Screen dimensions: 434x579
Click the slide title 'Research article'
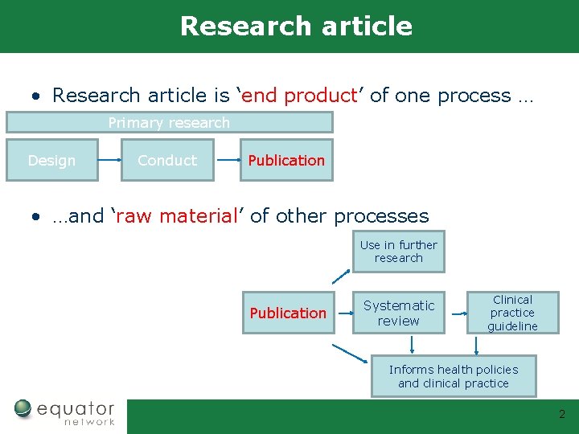coord(296,26)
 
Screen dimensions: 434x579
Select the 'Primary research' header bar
coord(169,122)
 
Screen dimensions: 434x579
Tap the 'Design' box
coord(51,160)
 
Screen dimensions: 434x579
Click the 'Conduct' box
coord(166,160)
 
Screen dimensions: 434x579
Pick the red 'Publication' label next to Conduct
coord(286,160)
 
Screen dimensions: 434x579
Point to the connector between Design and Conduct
coord(110,160)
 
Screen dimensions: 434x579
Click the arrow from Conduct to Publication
coord(229,160)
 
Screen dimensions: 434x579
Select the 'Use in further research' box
coord(398,252)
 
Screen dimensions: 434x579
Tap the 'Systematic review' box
coord(398,313)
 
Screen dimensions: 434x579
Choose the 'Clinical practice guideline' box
coord(512,313)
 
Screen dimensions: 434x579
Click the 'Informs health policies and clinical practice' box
coord(454,376)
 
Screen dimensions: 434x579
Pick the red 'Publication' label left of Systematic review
coord(288,313)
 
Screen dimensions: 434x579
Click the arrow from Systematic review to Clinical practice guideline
coord(458,313)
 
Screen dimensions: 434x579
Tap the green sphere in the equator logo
coord(23,409)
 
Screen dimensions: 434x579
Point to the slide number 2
coord(562,415)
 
